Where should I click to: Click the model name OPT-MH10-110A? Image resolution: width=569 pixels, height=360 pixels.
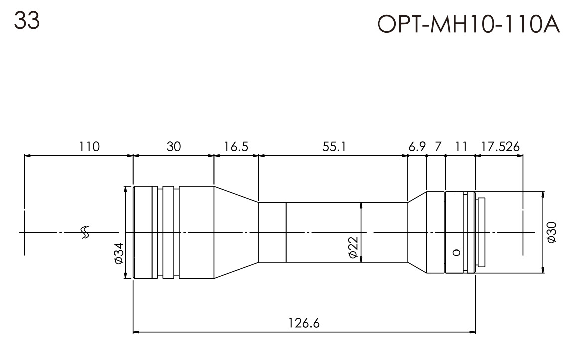(469, 23)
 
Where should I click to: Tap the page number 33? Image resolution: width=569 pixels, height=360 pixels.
(27, 21)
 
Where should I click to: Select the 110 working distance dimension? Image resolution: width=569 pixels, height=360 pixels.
(89, 147)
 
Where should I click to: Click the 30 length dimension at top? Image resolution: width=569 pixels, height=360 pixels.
(174, 147)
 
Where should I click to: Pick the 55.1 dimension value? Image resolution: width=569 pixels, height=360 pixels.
(334, 147)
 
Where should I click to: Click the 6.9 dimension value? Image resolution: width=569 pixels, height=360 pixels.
(417, 147)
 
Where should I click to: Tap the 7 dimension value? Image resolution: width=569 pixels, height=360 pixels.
(438, 147)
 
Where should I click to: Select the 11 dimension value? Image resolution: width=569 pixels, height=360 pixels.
(461, 147)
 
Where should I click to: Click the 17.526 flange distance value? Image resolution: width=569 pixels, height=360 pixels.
(500, 147)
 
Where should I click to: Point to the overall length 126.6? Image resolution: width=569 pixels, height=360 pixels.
(303, 323)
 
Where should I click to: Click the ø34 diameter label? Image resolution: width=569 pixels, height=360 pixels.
(118, 254)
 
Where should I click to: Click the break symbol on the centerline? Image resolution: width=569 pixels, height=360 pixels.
(85, 232)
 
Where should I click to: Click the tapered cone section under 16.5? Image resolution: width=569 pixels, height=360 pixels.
(236, 232)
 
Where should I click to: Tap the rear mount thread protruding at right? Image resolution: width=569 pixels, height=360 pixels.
(481, 232)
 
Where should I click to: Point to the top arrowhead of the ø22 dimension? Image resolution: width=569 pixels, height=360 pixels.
(361, 205)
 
